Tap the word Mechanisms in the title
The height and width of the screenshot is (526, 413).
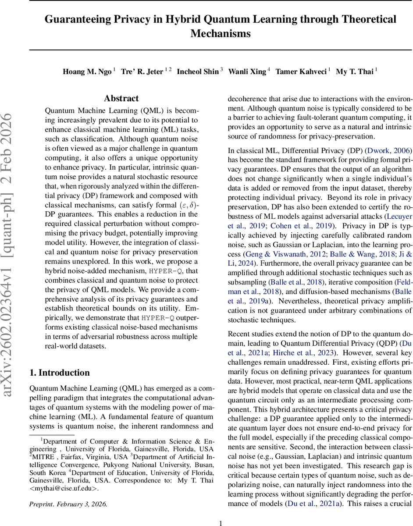[221, 33]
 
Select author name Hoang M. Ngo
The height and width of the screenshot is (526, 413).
[87, 72]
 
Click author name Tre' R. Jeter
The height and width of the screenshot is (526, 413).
[142, 72]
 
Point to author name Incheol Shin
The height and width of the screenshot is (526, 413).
[197, 72]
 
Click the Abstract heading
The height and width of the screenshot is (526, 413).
[121, 99]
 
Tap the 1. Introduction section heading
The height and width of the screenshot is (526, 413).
[60, 373]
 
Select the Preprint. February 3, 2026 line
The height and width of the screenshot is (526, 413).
[68, 504]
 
